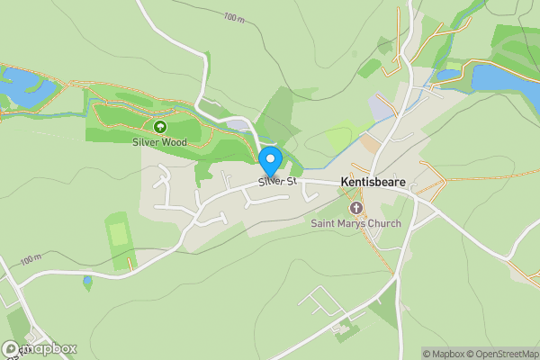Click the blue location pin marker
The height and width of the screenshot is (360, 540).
271,162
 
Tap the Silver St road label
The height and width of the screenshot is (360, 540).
277,181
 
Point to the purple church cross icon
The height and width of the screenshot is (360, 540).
355,209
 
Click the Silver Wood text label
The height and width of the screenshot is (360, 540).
160,142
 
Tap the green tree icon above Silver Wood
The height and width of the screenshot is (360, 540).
160,128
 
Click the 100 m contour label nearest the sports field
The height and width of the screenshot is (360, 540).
30,259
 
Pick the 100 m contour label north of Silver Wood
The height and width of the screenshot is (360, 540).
234,17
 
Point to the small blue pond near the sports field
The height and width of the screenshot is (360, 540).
87,283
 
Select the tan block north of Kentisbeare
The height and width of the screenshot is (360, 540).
371,143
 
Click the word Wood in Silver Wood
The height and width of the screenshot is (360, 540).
175,142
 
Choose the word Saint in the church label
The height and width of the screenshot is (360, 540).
323,223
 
